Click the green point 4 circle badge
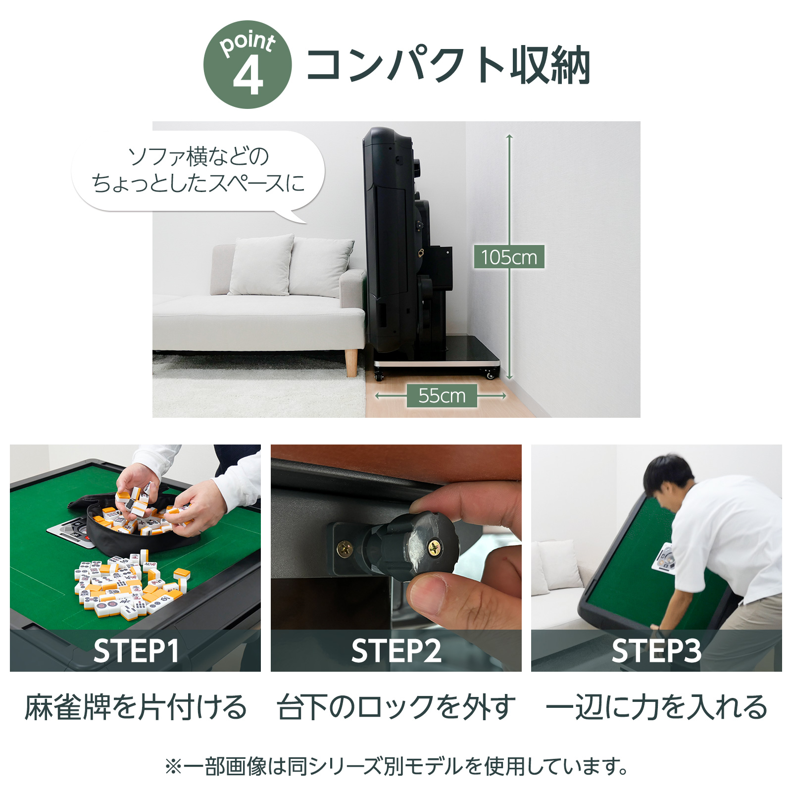[247, 65]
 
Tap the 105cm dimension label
[509, 257]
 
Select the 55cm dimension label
[442, 396]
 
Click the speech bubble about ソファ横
[198, 171]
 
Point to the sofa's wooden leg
[352, 362]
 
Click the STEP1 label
[136, 650]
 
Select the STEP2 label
[396, 650]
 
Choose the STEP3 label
[656, 650]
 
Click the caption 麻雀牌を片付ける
[136, 707]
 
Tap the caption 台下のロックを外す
[396, 707]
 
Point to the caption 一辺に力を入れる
[656, 707]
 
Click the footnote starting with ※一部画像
[396, 766]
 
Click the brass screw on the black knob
[434, 547]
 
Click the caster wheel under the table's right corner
[491, 375]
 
